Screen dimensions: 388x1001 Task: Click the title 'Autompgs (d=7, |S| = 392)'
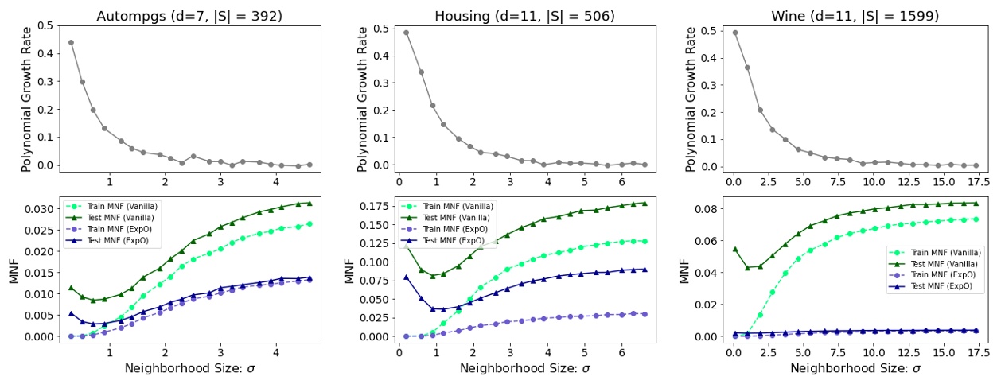[x=189, y=16]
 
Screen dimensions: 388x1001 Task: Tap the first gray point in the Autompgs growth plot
[x=71, y=42]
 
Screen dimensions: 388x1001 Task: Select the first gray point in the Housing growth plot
[x=406, y=33]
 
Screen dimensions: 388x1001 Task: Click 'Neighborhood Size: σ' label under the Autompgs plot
[x=189, y=370]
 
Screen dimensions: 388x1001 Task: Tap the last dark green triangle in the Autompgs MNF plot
[x=310, y=203]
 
